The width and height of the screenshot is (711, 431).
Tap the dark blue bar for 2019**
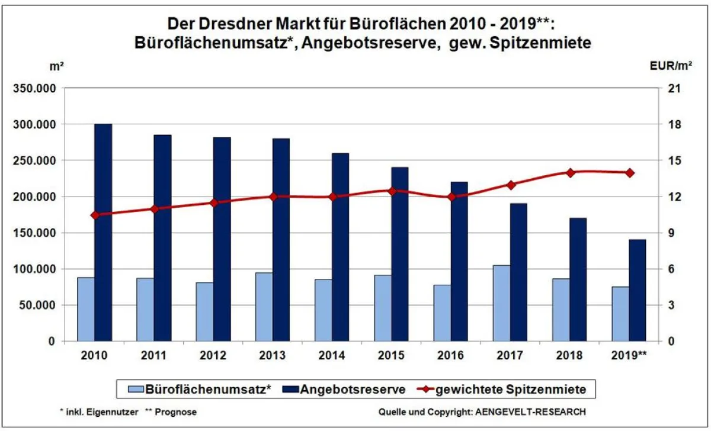[638, 290]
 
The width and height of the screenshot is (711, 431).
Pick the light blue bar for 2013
[264, 307]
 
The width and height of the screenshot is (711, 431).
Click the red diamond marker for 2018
[570, 173]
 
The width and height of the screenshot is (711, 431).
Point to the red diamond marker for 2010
[95, 215]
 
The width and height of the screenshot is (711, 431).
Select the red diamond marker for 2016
[451, 197]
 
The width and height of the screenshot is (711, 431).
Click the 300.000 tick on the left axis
[35, 124]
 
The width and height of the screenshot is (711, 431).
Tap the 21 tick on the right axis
[675, 88]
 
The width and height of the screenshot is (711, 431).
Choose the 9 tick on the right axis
[672, 233]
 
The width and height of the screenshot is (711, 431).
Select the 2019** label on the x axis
[629, 355]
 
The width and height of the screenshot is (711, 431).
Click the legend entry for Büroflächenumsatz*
[201, 389]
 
